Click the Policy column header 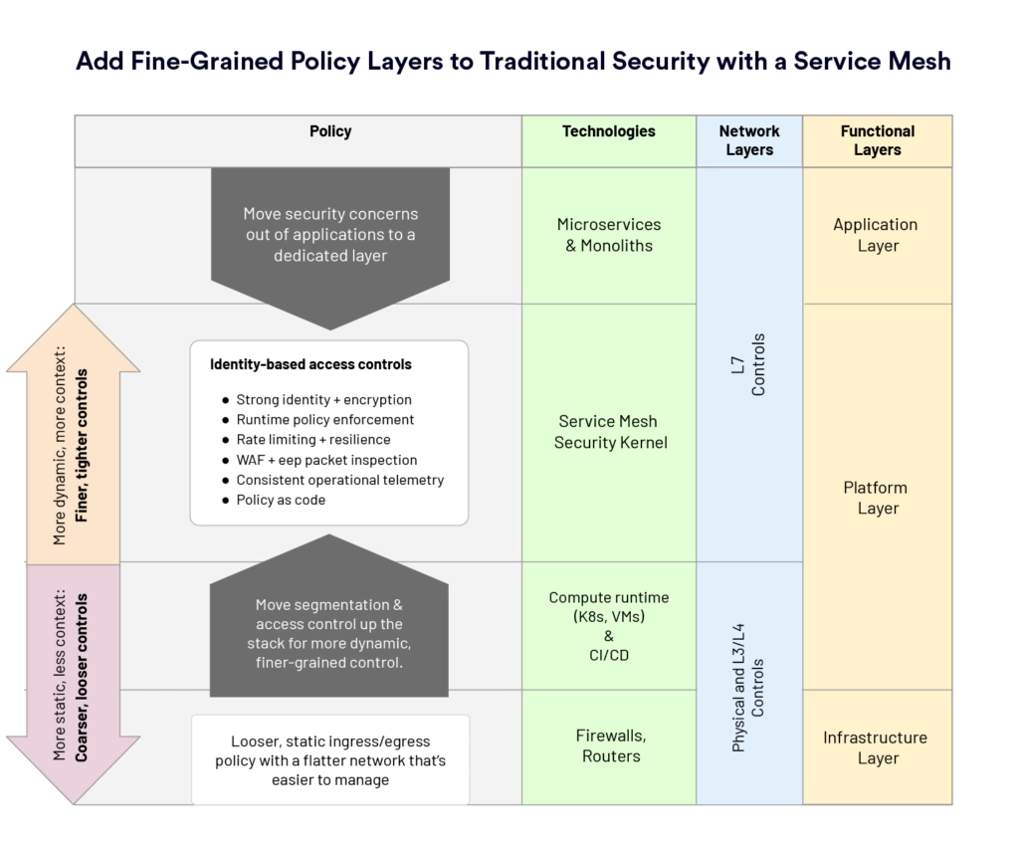330,131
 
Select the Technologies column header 609,131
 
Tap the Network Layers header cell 749,140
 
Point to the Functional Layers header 878,140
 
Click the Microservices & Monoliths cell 609,235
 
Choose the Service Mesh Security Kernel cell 610,432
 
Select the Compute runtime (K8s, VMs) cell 609,625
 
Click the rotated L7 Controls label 748,365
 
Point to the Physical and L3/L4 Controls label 748,688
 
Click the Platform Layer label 876,498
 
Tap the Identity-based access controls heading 310,364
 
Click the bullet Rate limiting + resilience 313,440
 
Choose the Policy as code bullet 281,500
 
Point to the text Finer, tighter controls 82,446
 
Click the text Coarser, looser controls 82,678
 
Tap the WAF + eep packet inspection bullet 326,461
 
